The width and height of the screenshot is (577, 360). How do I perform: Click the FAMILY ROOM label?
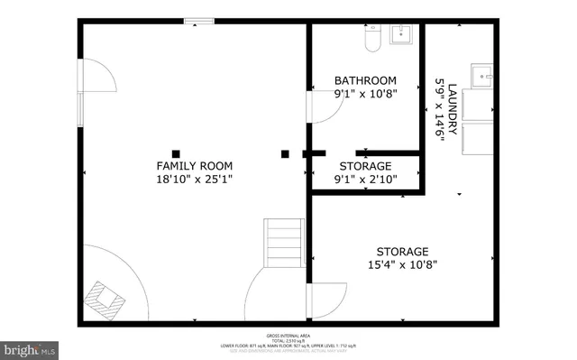pos(195,166)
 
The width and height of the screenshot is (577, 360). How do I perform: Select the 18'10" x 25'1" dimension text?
pos(195,180)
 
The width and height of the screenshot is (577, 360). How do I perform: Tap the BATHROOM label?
pos(365,80)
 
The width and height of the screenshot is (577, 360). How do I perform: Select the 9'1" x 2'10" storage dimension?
pos(365,180)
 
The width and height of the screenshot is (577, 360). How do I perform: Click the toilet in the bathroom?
pos(371,37)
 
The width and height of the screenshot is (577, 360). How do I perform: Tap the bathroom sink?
pos(401,35)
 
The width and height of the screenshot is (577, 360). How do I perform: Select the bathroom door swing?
pos(325,106)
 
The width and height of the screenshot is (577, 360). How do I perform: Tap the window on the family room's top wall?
pos(199,22)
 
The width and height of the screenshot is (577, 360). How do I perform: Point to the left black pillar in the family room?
pos(176,153)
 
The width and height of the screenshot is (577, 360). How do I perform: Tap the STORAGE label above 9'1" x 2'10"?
pos(365,167)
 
